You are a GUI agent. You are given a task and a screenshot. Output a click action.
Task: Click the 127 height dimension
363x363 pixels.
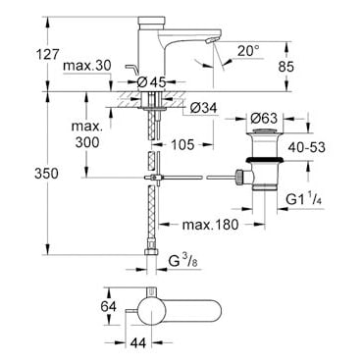(47, 54)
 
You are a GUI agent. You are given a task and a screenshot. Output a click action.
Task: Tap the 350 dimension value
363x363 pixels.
(46, 174)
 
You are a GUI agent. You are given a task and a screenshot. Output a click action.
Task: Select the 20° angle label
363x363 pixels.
(248, 50)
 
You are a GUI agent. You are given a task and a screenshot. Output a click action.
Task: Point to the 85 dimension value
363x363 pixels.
(286, 67)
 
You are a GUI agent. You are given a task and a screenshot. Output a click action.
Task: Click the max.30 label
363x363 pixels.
(87, 66)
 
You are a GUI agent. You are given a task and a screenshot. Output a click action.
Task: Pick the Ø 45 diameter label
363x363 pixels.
(151, 81)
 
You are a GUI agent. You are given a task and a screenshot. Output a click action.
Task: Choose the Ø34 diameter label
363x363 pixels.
(203, 108)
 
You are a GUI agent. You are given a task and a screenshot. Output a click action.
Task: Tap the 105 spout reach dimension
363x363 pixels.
(182, 144)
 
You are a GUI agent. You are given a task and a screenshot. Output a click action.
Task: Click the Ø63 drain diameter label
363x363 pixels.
(264, 118)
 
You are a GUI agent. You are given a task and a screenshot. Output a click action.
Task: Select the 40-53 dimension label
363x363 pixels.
(307, 147)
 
